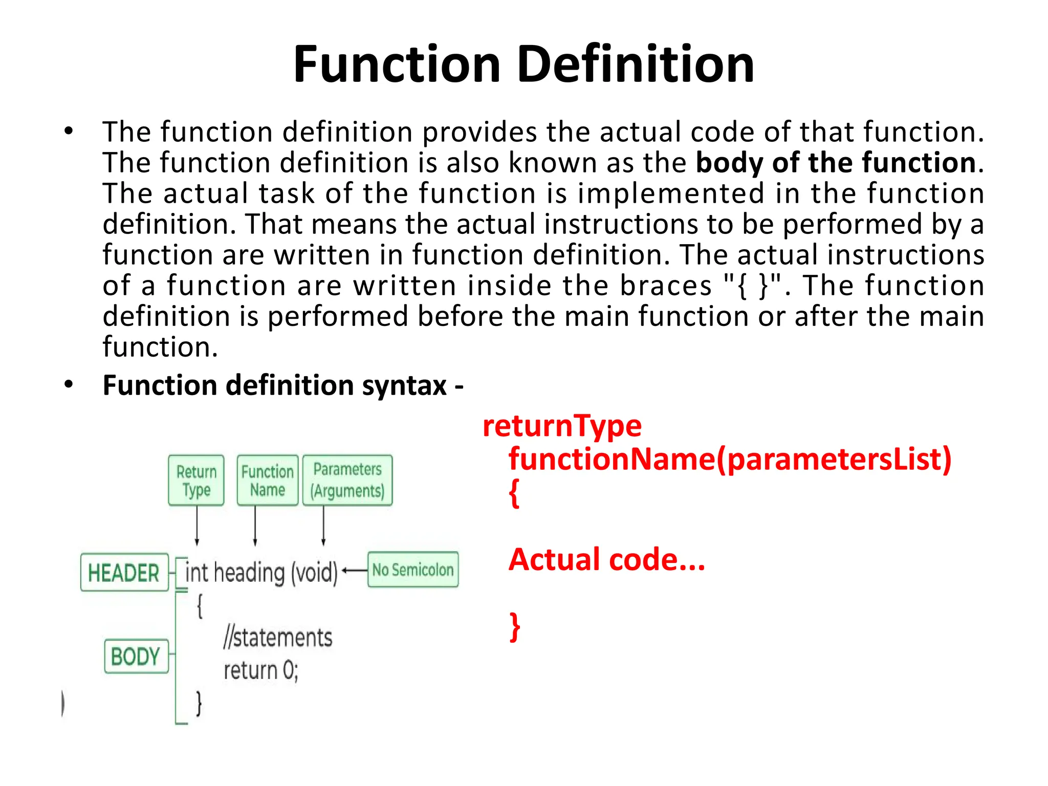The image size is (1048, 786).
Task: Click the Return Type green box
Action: (196, 481)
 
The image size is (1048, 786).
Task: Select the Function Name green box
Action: (268, 481)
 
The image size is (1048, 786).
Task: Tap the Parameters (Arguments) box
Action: (347, 481)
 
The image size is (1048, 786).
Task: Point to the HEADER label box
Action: (124, 573)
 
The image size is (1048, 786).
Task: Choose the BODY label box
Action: (136, 656)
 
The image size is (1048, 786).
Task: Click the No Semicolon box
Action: (413, 570)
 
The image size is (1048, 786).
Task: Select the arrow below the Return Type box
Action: (197, 526)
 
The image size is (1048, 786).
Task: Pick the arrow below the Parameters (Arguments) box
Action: (323, 526)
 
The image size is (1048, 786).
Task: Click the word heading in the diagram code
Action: (249, 573)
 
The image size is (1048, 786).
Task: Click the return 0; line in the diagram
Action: (261, 670)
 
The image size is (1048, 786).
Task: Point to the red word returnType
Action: (562, 426)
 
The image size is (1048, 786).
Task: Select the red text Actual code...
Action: (606, 559)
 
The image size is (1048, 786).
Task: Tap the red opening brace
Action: (514, 493)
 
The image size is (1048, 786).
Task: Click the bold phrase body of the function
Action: (836, 163)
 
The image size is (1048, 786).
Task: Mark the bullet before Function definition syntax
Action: (69, 385)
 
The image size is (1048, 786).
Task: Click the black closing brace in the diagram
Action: (199, 704)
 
